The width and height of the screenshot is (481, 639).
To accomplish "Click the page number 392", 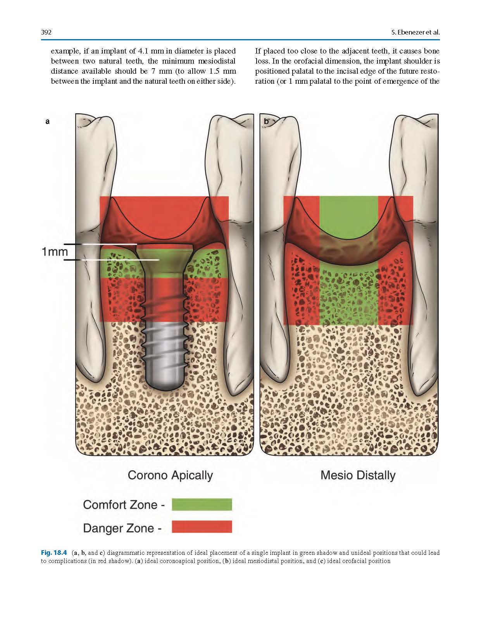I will (47, 32).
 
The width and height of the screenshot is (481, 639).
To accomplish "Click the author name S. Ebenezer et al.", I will (415, 32).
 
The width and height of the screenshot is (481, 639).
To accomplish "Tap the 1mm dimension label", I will (55, 252).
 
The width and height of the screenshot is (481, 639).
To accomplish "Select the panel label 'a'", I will (47, 121).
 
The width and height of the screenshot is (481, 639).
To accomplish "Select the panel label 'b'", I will (266, 121).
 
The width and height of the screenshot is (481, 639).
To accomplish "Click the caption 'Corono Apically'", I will (170, 475).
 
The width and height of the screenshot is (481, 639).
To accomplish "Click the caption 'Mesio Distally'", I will (358, 475).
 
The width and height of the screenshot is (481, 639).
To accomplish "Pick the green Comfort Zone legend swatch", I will (202, 504).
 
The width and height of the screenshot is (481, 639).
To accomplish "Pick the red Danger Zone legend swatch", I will (202, 527).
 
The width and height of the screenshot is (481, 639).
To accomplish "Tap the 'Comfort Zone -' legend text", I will (124, 505).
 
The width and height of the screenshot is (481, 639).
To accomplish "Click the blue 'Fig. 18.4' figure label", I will (54, 553).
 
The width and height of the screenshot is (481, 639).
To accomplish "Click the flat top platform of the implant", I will (166, 245).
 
